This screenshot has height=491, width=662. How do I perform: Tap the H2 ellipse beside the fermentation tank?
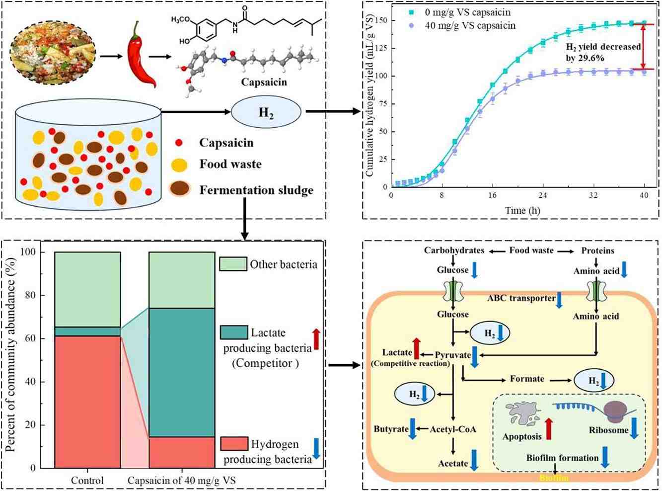coord(266,112)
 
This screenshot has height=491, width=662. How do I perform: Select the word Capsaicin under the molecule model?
coord(264,82)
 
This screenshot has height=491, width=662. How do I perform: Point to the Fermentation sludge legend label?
coord(256,190)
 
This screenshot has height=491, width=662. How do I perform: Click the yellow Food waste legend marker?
coord(179,164)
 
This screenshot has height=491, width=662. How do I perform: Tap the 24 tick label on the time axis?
coord(543,195)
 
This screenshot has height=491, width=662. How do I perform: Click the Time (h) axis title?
coord(522,210)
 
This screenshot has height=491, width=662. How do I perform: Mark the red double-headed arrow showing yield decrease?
coord(643,47)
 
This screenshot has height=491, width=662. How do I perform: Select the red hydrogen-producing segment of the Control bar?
coord(88,402)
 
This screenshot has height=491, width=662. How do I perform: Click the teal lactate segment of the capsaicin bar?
coord(182,372)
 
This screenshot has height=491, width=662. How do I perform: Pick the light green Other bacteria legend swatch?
coord(233,264)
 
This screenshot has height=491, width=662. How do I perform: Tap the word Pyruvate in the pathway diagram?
coord(453,355)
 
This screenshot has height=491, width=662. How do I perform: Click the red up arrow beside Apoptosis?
coord(549,429)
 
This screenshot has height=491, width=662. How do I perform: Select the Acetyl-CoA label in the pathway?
coord(453,429)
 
